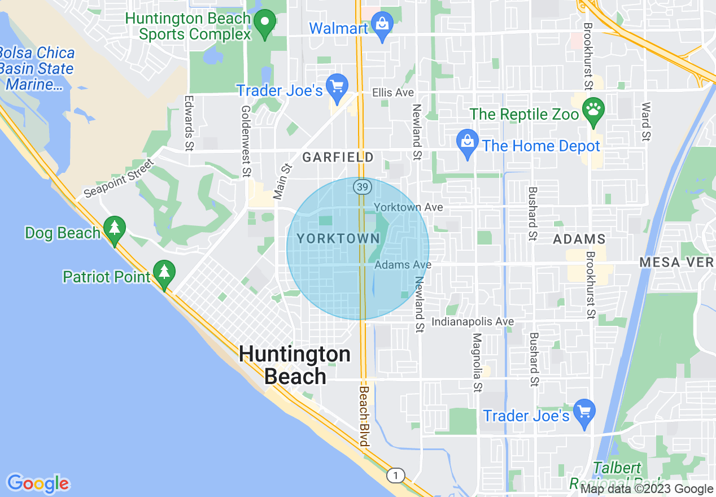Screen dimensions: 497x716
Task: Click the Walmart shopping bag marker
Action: pyautogui.click(x=382, y=25)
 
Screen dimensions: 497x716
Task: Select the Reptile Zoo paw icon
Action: pyautogui.click(x=593, y=111)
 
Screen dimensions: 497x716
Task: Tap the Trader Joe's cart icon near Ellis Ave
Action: pyautogui.click(x=338, y=87)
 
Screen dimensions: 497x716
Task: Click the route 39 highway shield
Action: pyautogui.click(x=363, y=186)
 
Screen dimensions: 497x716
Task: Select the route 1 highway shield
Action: pyautogui.click(x=395, y=476)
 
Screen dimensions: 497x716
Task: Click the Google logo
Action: pyautogui.click(x=38, y=483)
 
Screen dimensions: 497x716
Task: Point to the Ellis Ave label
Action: pyautogui.click(x=392, y=93)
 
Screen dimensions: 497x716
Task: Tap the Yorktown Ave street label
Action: pyautogui.click(x=408, y=207)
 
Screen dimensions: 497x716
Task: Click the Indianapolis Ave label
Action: pyautogui.click(x=473, y=321)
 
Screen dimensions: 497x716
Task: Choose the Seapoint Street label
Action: pyautogui.click(x=119, y=178)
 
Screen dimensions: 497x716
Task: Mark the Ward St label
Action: pyautogui.click(x=646, y=121)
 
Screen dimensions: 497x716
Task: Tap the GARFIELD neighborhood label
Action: pyautogui.click(x=338, y=157)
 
